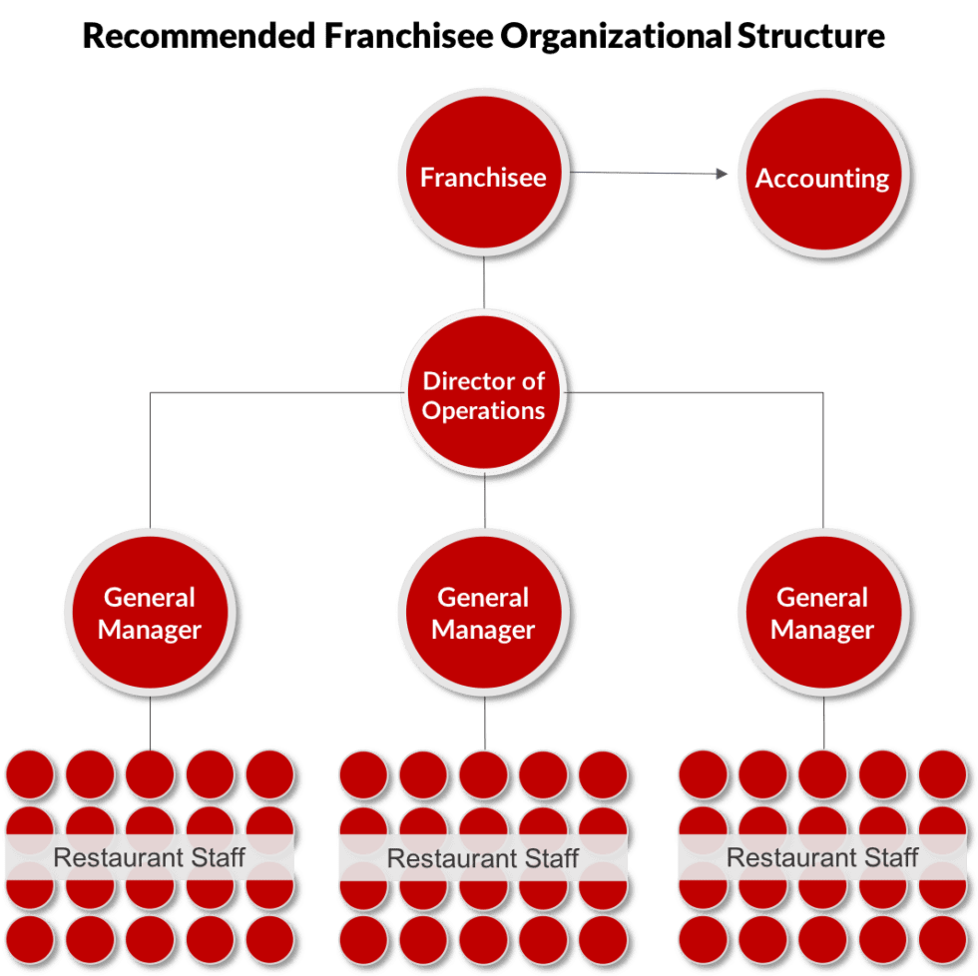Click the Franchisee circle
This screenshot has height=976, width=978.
pos(483,177)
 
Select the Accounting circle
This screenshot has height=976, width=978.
pos(822,178)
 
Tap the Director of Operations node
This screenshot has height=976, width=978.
pos(484,394)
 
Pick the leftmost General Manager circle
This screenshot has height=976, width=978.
pos(150,613)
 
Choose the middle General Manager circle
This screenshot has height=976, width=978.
pos(483,613)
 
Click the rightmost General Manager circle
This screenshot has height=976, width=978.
pos(822,613)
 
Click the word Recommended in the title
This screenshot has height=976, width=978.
pos(197,37)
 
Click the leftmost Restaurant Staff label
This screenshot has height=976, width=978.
pos(150,857)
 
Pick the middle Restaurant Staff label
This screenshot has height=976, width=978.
pos(483,857)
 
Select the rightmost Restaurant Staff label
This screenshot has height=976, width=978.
pos(822,857)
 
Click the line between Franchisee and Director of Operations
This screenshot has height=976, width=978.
pos(484,285)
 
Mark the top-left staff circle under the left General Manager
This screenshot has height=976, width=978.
pos(31,773)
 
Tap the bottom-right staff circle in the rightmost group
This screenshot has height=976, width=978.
pos(943,938)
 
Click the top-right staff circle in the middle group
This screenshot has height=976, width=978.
pos(603,773)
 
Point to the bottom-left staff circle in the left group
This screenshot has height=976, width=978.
pos(31,938)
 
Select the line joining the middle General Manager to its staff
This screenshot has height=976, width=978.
pos(485,725)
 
